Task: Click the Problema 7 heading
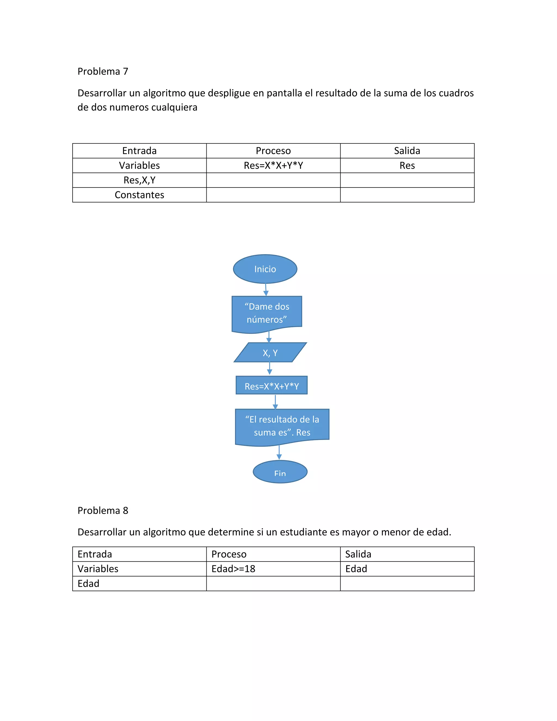(x=103, y=71)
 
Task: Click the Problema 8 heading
(x=103, y=510)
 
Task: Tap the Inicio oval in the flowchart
(x=265, y=269)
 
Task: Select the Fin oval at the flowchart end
(x=280, y=472)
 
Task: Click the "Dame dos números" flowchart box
(x=267, y=313)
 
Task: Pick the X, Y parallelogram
(x=270, y=353)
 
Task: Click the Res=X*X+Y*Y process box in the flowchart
(x=272, y=386)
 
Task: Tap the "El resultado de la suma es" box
(x=282, y=426)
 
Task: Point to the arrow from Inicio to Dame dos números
(x=266, y=289)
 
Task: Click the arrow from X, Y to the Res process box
(x=270, y=368)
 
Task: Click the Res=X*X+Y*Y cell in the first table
(x=273, y=165)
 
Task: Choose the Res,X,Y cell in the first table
(x=139, y=180)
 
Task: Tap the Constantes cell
(x=139, y=195)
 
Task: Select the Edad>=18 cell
(x=233, y=569)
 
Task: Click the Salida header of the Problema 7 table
(x=407, y=151)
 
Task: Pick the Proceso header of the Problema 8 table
(x=229, y=554)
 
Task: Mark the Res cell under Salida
(x=407, y=165)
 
